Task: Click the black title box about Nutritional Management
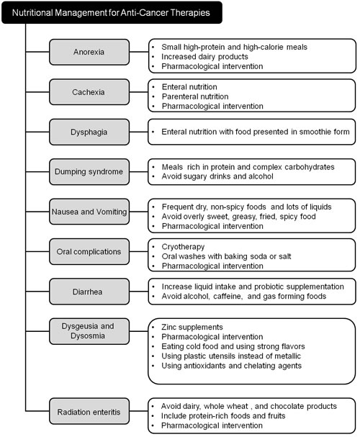[x=112, y=12]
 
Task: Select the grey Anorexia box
[x=89, y=52]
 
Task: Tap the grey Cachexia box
[x=89, y=92]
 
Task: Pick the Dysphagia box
[x=89, y=132]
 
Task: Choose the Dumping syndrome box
[x=89, y=171]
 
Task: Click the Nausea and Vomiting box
[x=89, y=212]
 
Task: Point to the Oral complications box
[x=89, y=251]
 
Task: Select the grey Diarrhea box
[x=89, y=292]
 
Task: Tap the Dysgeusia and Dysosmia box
[x=89, y=331]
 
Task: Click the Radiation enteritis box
[x=89, y=411]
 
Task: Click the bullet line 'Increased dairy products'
[x=204, y=57]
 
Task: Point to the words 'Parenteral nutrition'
[x=195, y=96]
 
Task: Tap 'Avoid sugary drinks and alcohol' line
[x=217, y=176]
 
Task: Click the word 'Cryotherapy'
[x=183, y=247]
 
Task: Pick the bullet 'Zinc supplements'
[x=192, y=327]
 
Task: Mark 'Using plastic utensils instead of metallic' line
[x=231, y=356]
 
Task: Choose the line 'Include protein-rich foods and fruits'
[x=223, y=416]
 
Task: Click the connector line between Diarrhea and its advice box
[x=139, y=292]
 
